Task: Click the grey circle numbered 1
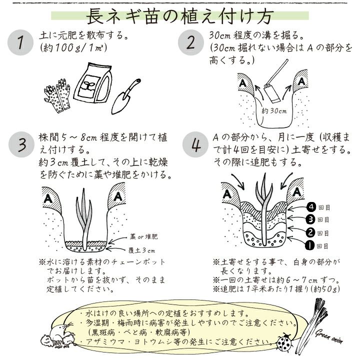pyautogui.click(x=20, y=42)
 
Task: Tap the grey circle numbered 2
pyautogui.click(x=191, y=42)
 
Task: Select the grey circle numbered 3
pyautogui.click(x=21, y=144)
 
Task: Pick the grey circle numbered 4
pyautogui.click(x=195, y=144)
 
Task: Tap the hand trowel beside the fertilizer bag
pyautogui.click(x=126, y=96)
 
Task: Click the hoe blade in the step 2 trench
pyautogui.click(x=271, y=93)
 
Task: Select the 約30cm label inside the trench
pyautogui.click(x=274, y=111)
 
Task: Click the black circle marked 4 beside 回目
pyautogui.click(x=311, y=207)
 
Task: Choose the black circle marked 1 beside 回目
pyautogui.click(x=309, y=245)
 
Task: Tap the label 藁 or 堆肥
pyautogui.click(x=143, y=236)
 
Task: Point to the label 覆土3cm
pyautogui.click(x=141, y=250)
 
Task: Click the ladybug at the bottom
pyautogui.click(x=284, y=342)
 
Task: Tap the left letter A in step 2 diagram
pyautogui.click(x=242, y=82)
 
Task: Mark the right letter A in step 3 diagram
pyautogui.click(x=118, y=196)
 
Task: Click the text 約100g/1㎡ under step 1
pyautogui.click(x=73, y=48)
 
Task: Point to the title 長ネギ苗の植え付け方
pyautogui.click(x=179, y=16)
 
